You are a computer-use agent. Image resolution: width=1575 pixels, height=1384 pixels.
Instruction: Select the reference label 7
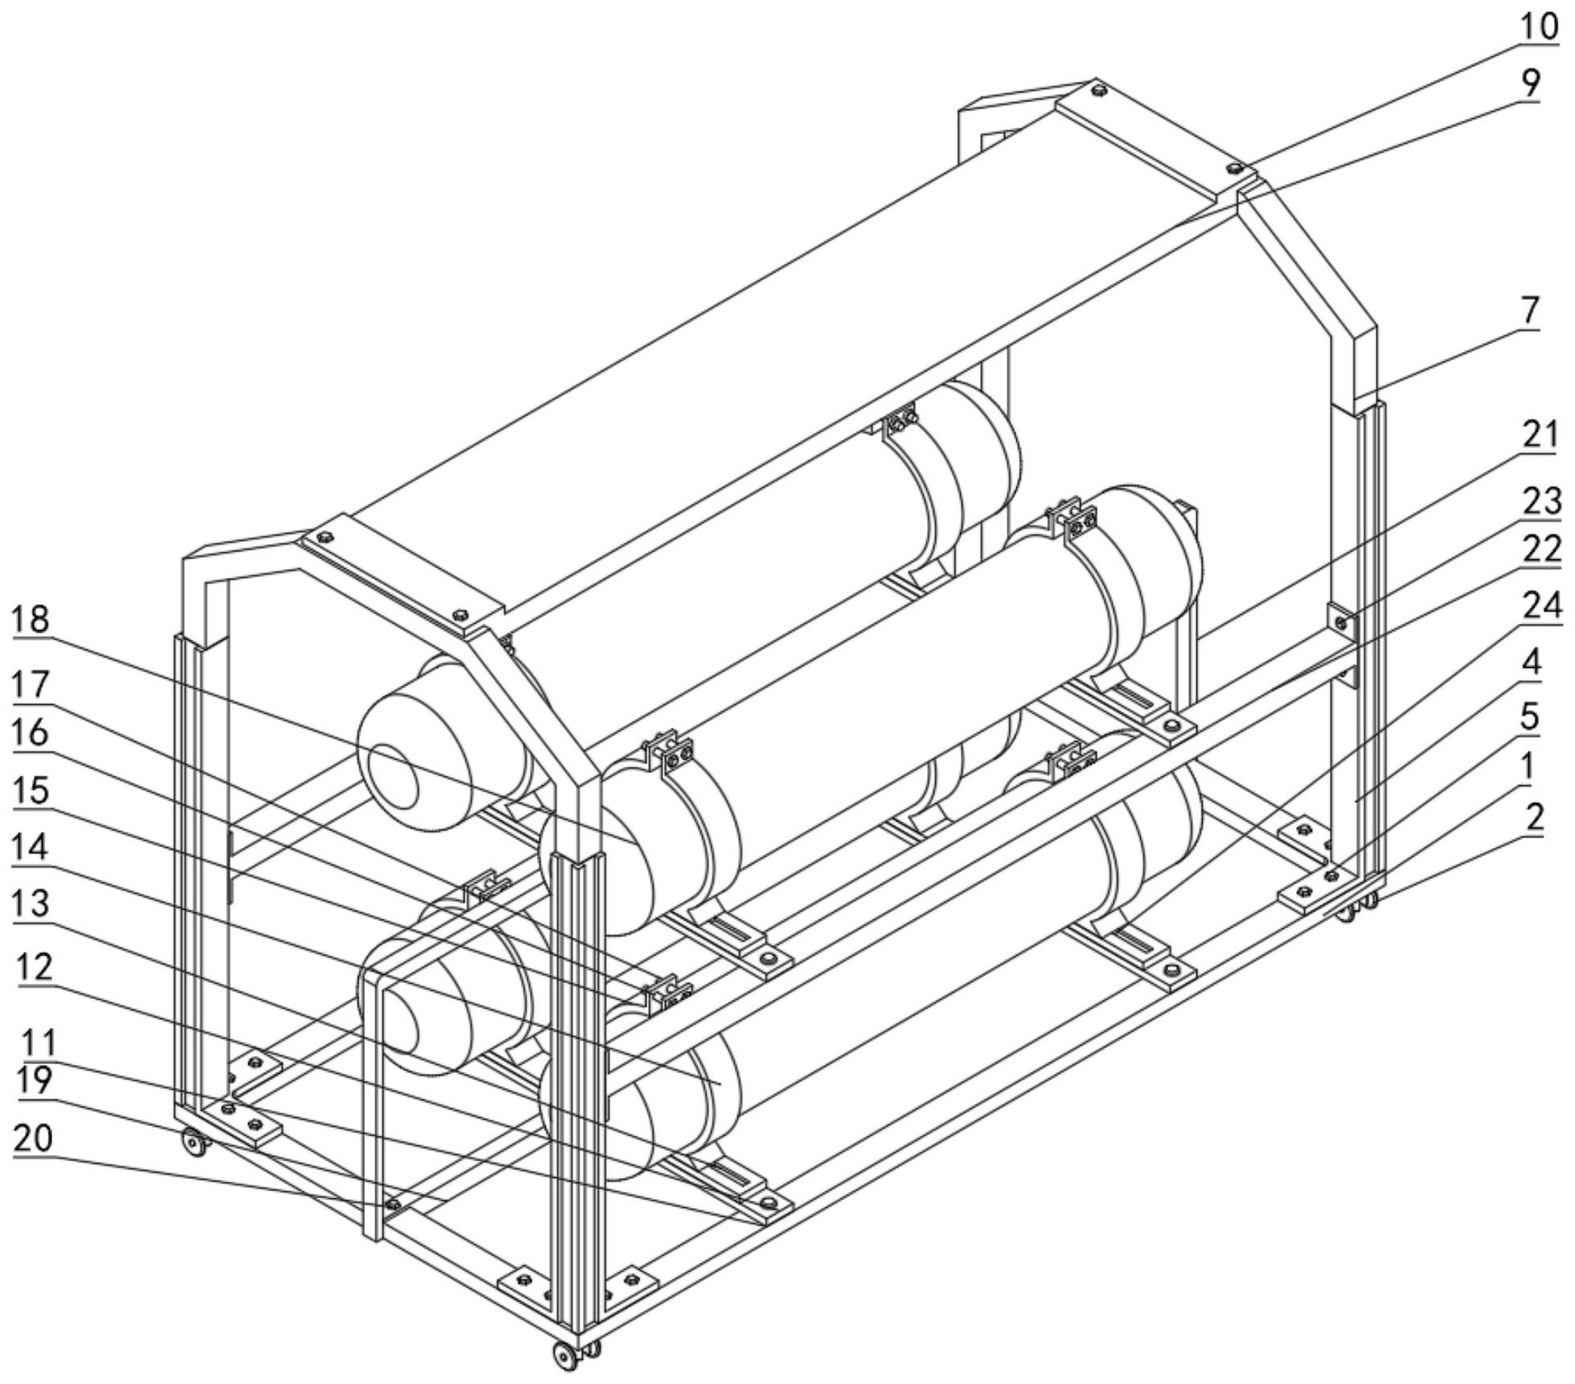click(1529, 309)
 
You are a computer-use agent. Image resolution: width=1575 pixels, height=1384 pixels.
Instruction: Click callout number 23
click(1540, 502)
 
